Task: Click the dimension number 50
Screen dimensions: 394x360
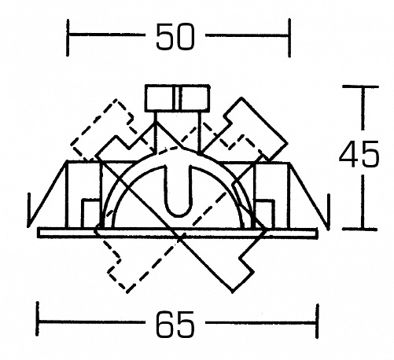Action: coord(175,36)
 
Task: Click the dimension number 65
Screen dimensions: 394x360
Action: coord(175,324)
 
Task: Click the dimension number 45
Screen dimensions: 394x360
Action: coord(359,153)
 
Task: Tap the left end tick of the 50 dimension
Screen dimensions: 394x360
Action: coord(68,38)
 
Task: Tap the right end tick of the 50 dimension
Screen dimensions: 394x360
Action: coord(289,38)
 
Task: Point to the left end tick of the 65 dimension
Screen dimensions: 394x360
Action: coord(38,318)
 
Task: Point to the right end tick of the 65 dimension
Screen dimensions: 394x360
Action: coord(318,321)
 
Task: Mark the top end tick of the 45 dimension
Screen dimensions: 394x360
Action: coord(361,86)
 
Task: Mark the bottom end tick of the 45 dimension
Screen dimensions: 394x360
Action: coord(360,229)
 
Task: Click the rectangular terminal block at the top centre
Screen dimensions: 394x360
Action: coord(177,98)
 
